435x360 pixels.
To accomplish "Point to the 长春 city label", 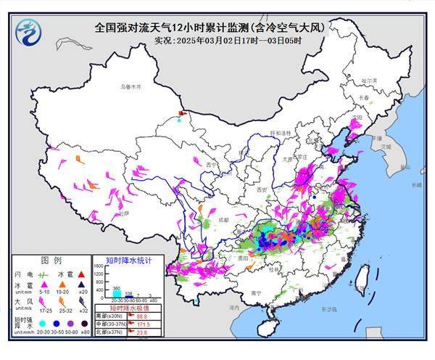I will click(x=363, y=97).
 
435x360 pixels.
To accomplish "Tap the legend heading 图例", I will click(x=51, y=260).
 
